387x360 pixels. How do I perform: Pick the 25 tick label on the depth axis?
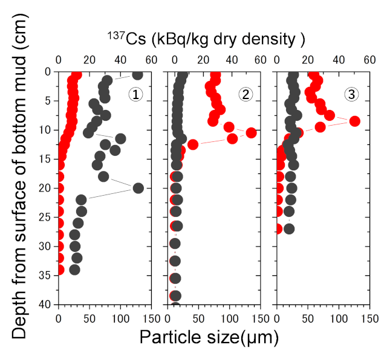pyautogui.click(x=45, y=217)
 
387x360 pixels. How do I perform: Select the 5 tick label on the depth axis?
pyautogui.click(x=48, y=101)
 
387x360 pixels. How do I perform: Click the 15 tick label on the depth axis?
pyautogui.click(x=45, y=159)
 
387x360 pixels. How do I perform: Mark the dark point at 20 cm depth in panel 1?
pyautogui.click(x=138, y=188)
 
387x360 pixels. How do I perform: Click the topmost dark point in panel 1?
pyautogui.click(x=137, y=74)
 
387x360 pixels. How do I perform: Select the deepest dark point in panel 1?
pyautogui.click(x=74, y=269)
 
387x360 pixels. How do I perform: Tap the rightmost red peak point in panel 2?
pyautogui.click(x=251, y=132)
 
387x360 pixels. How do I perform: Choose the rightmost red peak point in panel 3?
pyautogui.click(x=355, y=121)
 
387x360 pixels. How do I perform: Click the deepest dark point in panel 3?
pyautogui.click(x=289, y=228)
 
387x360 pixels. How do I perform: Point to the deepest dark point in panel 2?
pyautogui.click(x=175, y=295)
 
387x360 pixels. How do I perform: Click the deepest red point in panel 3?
pyautogui.click(x=278, y=228)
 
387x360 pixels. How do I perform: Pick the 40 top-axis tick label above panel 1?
pyautogui.click(x=120, y=60)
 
